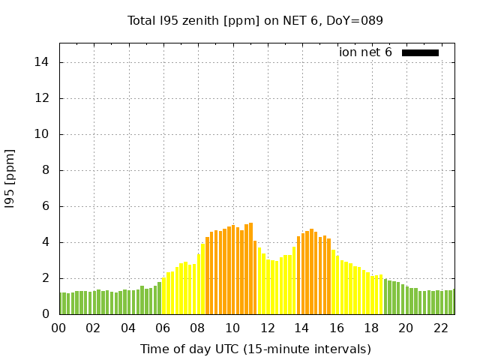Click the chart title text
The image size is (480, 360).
coord(255,20)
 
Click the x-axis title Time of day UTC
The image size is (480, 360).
coord(255,349)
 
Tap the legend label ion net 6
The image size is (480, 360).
coord(365,52)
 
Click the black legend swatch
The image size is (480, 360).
coord(420,52)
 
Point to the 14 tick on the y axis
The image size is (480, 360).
coord(43,62)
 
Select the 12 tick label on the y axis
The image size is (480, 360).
coord(43,98)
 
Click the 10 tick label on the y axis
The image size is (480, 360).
coord(43,134)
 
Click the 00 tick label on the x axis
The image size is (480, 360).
coord(58,328)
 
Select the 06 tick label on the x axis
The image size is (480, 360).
coord(163,328)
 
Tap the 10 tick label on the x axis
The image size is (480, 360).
coord(232,328)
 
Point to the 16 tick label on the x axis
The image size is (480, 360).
coord(337,328)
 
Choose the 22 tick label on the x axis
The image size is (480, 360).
coord(441,328)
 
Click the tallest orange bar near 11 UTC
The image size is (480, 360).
coord(250,268)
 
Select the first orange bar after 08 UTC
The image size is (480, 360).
coord(207,276)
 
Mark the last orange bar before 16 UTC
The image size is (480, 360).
coord(328,277)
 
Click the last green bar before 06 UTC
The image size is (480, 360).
coord(159,298)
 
